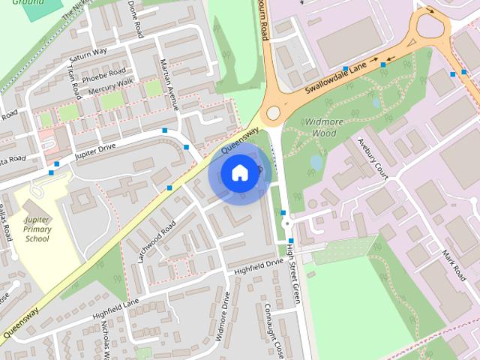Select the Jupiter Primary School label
click(x=36, y=229)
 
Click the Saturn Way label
click(x=88, y=56)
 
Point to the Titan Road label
click(x=73, y=81)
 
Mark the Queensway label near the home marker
click(x=239, y=139)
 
